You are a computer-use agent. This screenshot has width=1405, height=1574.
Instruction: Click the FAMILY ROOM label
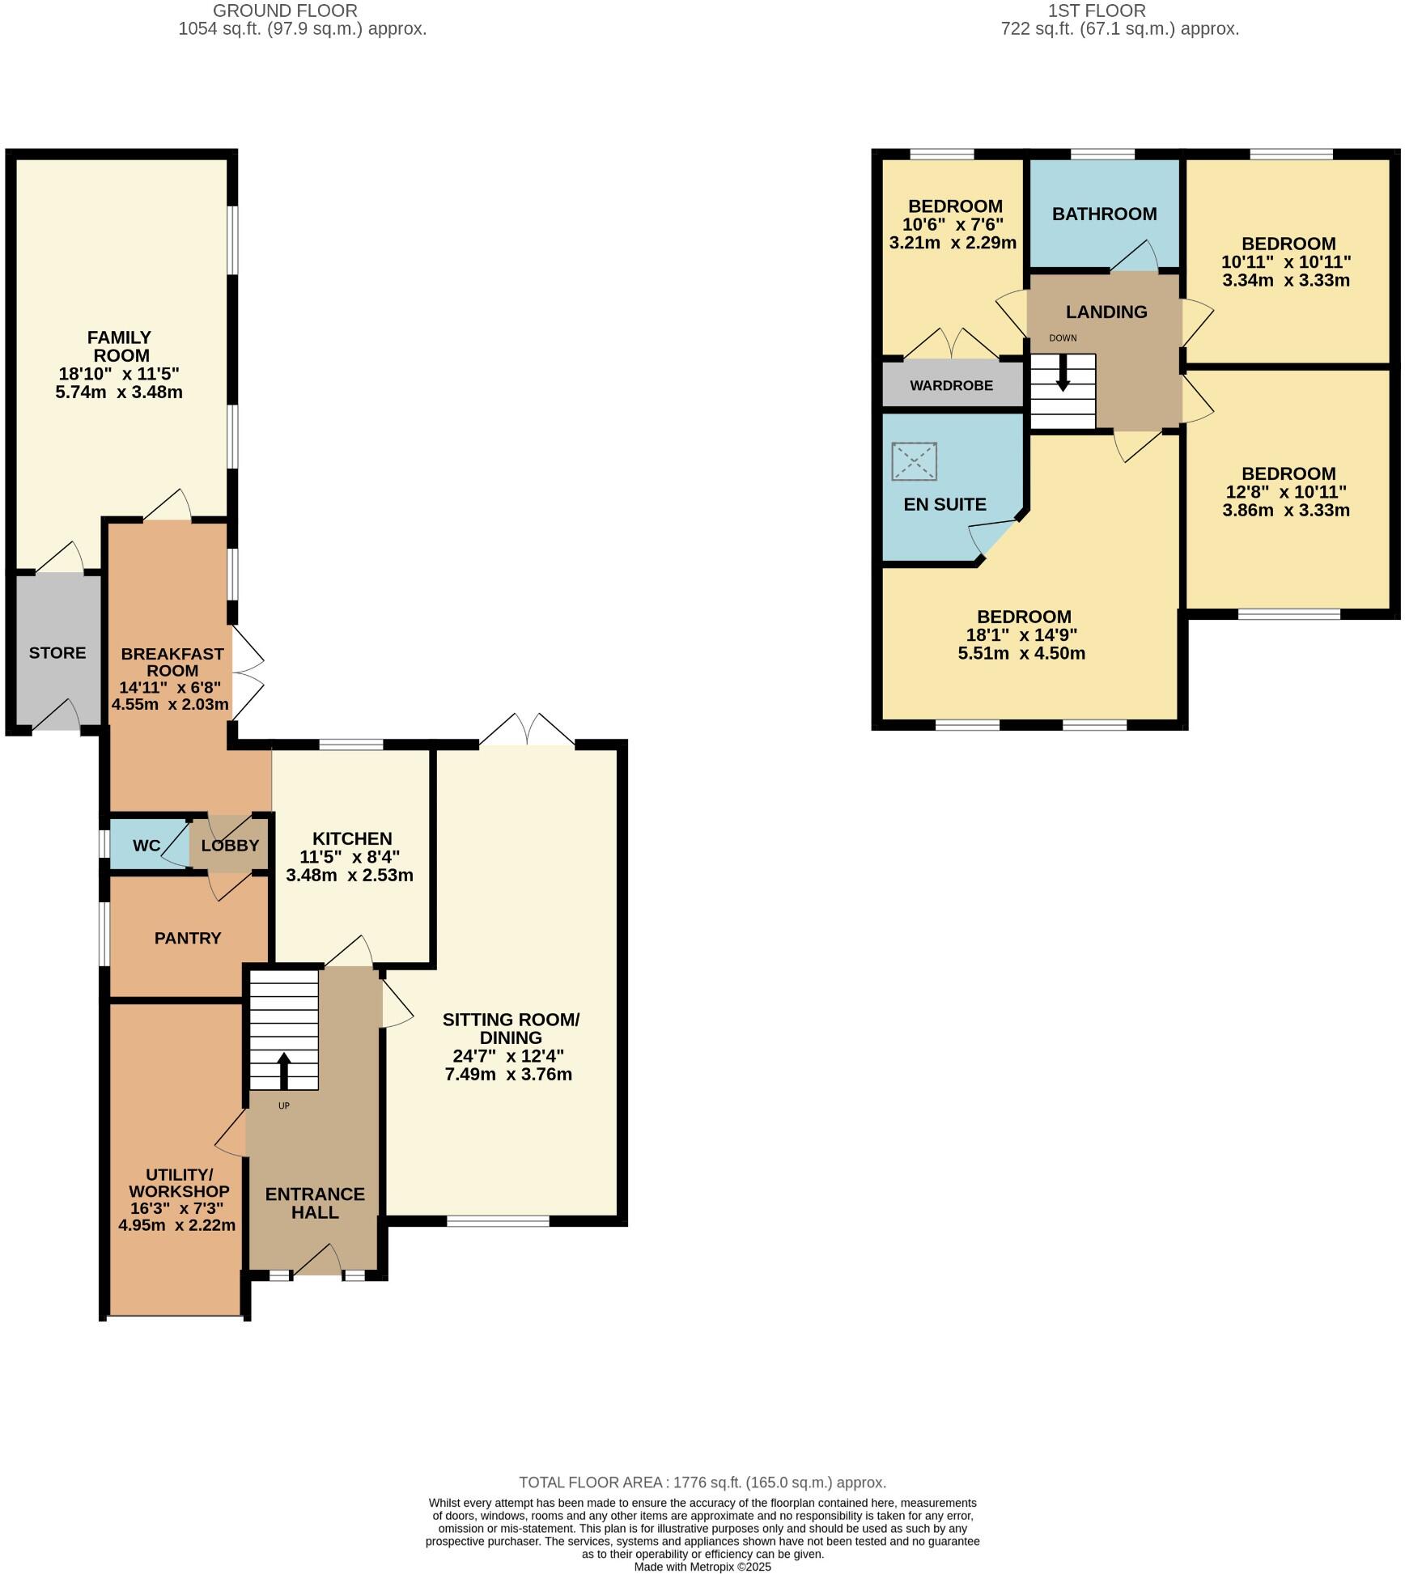coord(120,346)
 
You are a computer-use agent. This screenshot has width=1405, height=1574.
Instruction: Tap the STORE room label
coord(57,653)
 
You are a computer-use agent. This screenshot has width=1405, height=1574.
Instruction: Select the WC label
coord(146,846)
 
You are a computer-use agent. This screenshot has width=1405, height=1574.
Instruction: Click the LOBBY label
coord(230,846)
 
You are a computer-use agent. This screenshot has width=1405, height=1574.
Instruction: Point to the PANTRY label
coord(188,938)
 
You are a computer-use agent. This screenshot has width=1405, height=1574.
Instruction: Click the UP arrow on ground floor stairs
coord(284,1070)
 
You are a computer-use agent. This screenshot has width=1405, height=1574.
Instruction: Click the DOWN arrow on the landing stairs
coord(1063,376)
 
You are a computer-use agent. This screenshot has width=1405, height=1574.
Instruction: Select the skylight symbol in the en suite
coord(914,462)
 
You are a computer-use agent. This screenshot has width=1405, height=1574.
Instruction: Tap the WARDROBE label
coord(951,386)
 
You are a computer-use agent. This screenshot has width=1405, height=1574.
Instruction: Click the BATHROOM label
coord(1104,214)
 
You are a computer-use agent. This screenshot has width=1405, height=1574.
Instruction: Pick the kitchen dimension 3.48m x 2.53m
coord(350,876)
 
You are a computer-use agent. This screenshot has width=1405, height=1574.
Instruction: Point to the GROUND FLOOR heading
coord(285,11)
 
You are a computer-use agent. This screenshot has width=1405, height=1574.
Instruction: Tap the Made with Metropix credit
coord(702,1567)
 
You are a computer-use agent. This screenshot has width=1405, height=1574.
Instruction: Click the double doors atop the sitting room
coord(527,732)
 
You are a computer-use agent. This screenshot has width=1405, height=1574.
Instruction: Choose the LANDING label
coord(1106,312)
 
